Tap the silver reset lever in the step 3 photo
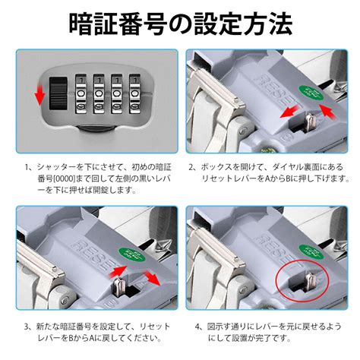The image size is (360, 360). [x=118, y=286]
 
